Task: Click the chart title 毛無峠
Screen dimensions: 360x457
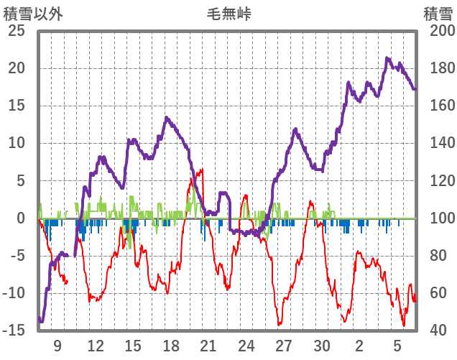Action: click(228, 14)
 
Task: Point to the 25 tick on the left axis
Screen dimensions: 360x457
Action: click(17, 32)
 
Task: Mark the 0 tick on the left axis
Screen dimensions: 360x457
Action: click(21, 218)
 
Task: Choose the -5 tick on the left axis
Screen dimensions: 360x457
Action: click(17, 256)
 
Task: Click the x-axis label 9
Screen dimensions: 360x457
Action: click(57, 345)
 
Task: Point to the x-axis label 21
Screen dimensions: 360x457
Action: click(208, 345)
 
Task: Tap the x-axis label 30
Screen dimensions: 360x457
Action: click(322, 345)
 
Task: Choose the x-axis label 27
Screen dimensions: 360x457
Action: click(284, 345)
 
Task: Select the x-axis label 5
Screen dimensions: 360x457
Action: click(397, 345)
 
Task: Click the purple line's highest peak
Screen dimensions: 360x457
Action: click(388, 58)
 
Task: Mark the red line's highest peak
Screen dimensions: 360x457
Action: click(202, 170)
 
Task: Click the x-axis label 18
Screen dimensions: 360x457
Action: click(171, 345)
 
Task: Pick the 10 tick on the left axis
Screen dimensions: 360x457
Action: click(17, 144)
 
